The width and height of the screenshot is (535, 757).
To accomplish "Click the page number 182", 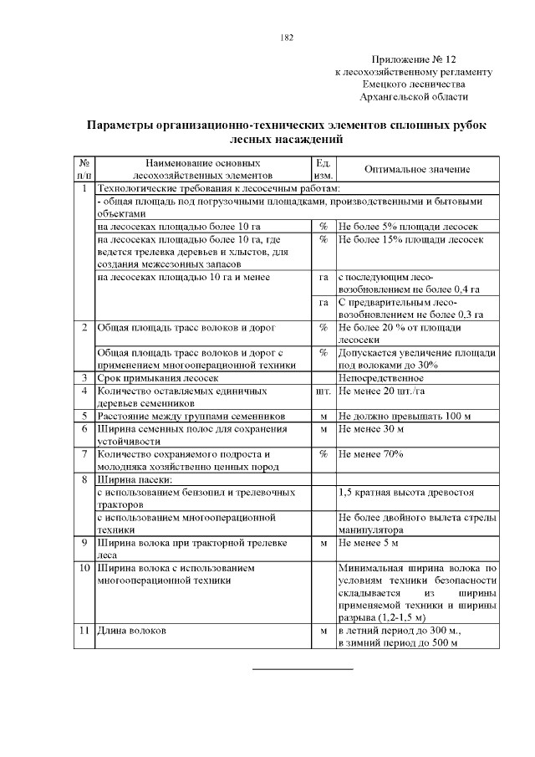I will click(287, 38).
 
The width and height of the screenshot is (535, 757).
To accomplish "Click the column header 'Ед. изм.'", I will click(323, 170).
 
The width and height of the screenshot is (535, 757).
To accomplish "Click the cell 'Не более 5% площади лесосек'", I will click(396, 227).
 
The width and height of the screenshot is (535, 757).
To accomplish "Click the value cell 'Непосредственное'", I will click(376, 378).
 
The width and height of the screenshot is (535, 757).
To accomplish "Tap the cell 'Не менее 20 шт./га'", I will click(379, 391).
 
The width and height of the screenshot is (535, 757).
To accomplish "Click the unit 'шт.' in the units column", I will click(323, 391).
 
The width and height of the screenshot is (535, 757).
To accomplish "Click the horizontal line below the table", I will click(303, 669).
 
